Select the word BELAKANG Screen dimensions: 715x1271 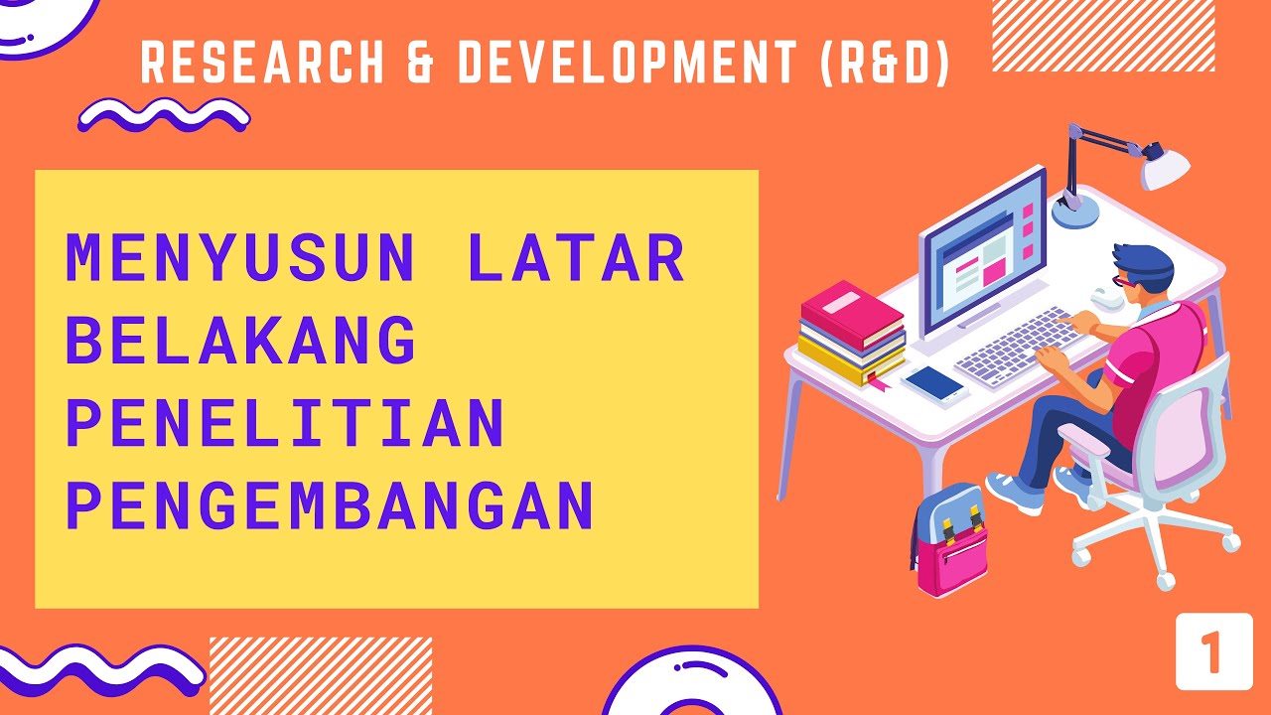pos(240,341)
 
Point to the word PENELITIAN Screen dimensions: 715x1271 pos(285,422)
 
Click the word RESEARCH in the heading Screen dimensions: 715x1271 pos(263,64)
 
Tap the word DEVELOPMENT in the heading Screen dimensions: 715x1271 pos(628,64)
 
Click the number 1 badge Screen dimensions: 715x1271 pos(1212,651)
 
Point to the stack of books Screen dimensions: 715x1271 pos(852,333)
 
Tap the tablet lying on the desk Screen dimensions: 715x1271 pos(935,382)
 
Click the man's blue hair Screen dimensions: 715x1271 pos(1142,261)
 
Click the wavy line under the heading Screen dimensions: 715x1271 pos(164,116)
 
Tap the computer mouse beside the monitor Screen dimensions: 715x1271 pos(1104,295)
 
